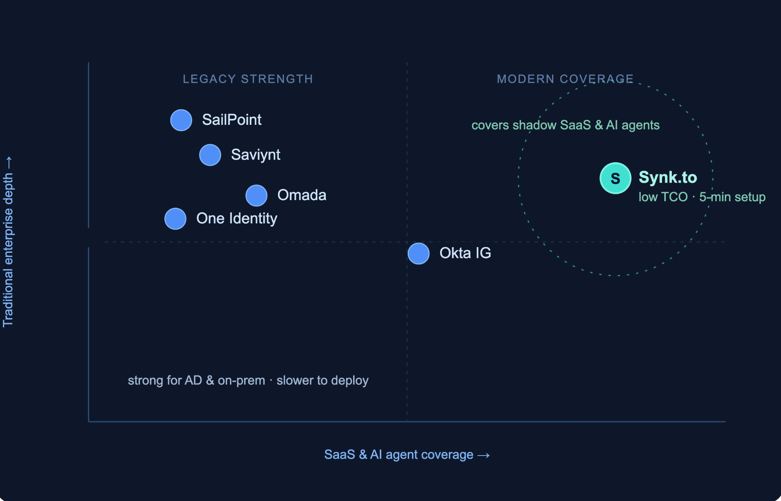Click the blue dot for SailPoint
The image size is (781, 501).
pyautogui.click(x=181, y=120)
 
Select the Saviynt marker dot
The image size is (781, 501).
pyautogui.click(x=210, y=155)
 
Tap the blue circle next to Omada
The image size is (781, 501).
pyautogui.click(x=256, y=196)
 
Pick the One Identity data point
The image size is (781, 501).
pyautogui.click(x=175, y=219)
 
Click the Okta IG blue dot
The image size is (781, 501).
pyautogui.click(x=419, y=254)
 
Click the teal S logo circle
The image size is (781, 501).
pyautogui.click(x=615, y=178)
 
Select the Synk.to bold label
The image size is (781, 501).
pyautogui.click(x=668, y=177)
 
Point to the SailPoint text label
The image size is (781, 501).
pyautogui.click(x=232, y=120)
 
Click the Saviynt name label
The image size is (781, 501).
pyautogui.click(x=256, y=155)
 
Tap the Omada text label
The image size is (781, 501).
pyautogui.click(x=302, y=195)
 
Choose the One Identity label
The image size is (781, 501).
pyautogui.click(x=237, y=219)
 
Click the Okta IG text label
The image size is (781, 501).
pyautogui.click(x=465, y=253)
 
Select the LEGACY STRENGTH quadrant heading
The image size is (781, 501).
pyautogui.click(x=248, y=79)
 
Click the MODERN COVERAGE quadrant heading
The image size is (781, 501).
pyautogui.click(x=565, y=79)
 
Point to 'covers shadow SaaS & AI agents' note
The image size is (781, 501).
pyautogui.click(x=566, y=125)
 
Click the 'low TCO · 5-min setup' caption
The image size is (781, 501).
pyautogui.click(x=702, y=197)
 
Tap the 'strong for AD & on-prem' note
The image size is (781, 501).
pyautogui.click(x=196, y=380)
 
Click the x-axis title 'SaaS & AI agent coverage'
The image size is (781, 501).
pyautogui.click(x=399, y=454)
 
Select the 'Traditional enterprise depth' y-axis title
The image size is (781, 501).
pyautogui.click(x=8, y=250)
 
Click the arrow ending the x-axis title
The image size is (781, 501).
pyautogui.click(x=484, y=455)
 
